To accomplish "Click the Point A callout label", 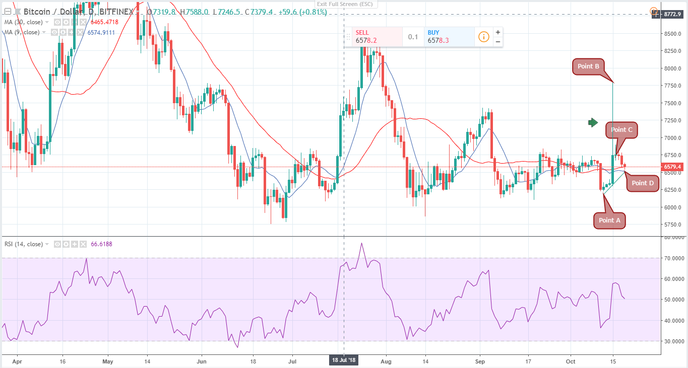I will pos(606,220).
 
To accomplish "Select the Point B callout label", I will pos(588,66).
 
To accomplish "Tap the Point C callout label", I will pos(621,129).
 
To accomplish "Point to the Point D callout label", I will pos(642,183).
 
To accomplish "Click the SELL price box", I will pos(373,36).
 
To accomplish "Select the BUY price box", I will pos(449,36).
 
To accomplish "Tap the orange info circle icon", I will pos(483,37).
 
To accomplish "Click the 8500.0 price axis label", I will pos(672,34).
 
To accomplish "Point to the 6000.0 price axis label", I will pos(672,207).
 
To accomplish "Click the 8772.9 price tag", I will pos(672,14).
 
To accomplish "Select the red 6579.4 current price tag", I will pos(672,167).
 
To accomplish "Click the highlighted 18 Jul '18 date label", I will pos(344,360).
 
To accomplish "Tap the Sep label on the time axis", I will pos(480,361).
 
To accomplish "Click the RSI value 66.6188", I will pos(102,244).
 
